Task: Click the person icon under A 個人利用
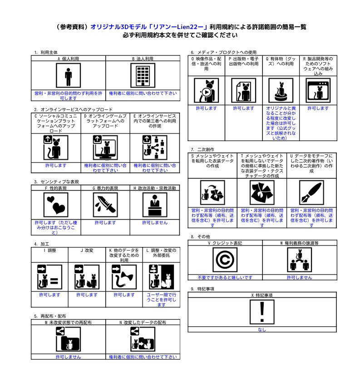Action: click(68, 75)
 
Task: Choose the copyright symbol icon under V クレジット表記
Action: click(225, 260)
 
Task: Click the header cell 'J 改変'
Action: click(87, 250)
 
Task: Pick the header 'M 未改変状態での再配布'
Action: click(68, 322)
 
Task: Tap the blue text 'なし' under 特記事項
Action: click(262, 330)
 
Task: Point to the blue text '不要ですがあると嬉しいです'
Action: click(225, 277)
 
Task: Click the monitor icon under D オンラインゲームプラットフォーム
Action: click(105, 148)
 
